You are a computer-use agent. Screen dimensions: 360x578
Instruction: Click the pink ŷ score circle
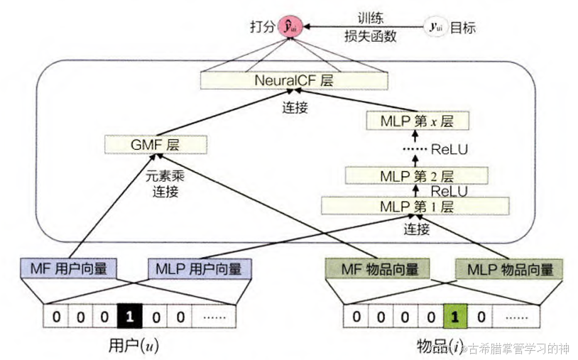point(288,28)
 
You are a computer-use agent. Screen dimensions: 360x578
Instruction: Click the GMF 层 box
point(155,144)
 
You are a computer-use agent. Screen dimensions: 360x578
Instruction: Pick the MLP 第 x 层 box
point(410,121)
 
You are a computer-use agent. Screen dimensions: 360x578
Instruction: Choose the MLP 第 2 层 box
point(416,175)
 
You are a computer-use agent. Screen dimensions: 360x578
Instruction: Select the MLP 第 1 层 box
point(416,207)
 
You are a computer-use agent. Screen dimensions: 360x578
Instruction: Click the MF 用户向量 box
point(68,268)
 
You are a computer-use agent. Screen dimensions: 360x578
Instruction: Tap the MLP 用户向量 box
point(199,268)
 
